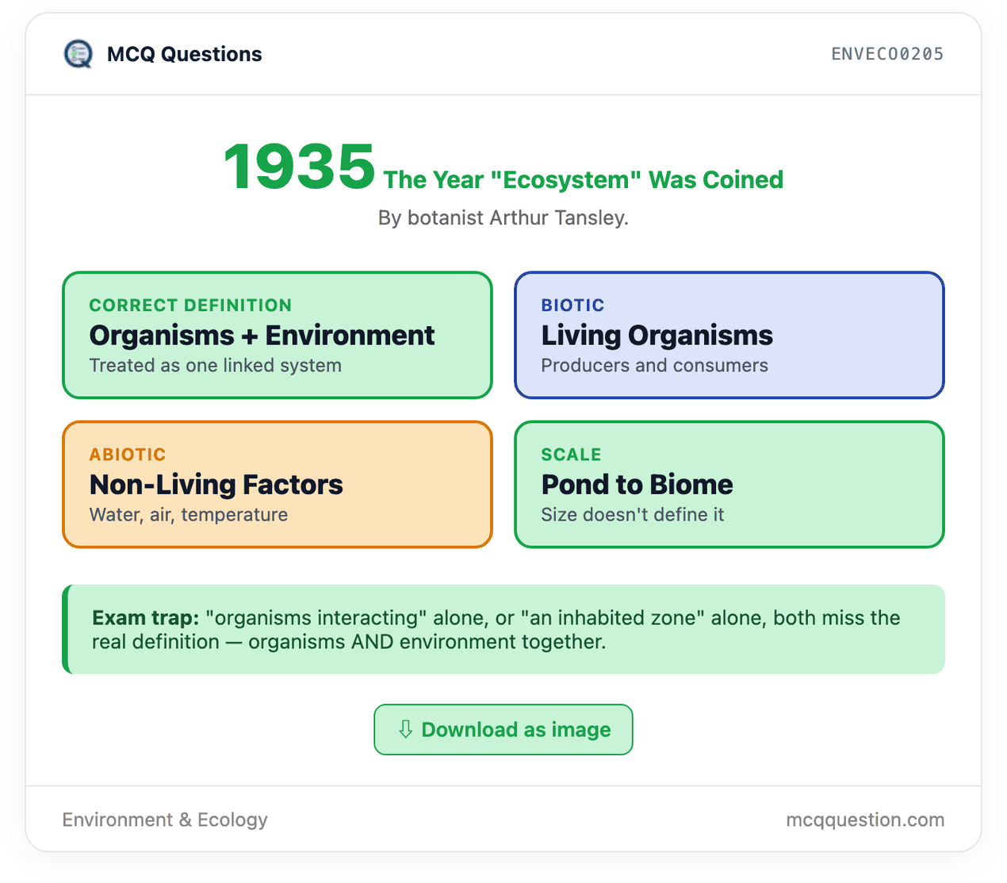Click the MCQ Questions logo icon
click(x=78, y=54)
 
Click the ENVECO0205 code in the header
click(x=887, y=54)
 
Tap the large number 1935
click(x=299, y=167)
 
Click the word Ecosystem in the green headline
click(x=565, y=179)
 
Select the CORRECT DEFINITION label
click(x=190, y=305)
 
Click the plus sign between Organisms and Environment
click(x=250, y=336)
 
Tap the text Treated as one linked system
click(x=215, y=366)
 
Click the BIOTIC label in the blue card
click(x=572, y=305)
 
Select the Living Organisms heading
click(x=657, y=336)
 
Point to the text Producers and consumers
click(x=655, y=366)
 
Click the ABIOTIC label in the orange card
click(x=128, y=454)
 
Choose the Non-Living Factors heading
click(x=216, y=485)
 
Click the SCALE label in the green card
click(x=571, y=454)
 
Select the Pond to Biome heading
click(x=638, y=485)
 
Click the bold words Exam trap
click(x=146, y=618)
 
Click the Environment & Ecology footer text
click(x=165, y=820)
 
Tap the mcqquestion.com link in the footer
click(x=865, y=820)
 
